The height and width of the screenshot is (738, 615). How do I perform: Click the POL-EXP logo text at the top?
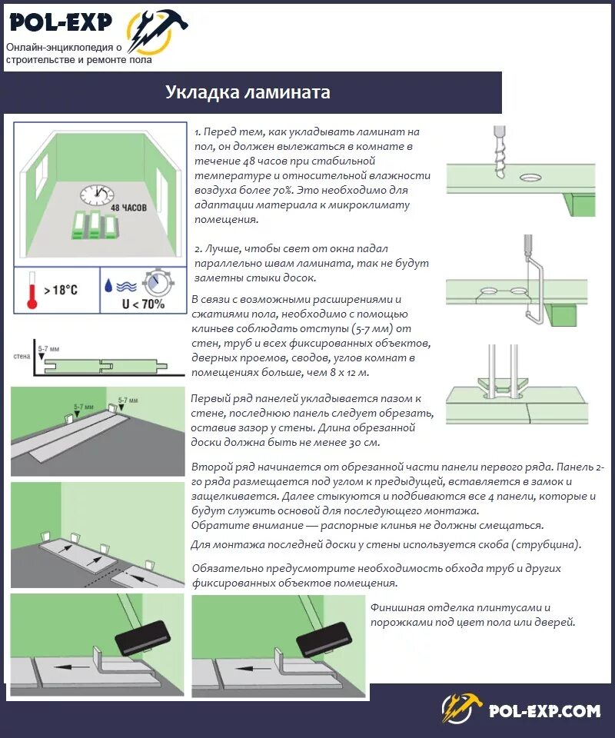[61, 23]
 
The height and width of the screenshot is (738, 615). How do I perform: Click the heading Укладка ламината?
[248, 93]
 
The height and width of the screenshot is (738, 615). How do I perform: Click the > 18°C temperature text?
[61, 290]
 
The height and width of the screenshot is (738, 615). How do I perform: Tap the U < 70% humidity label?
[143, 303]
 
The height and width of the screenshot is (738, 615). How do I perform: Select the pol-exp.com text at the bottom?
[544, 710]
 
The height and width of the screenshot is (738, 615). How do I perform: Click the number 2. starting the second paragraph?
[198, 249]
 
